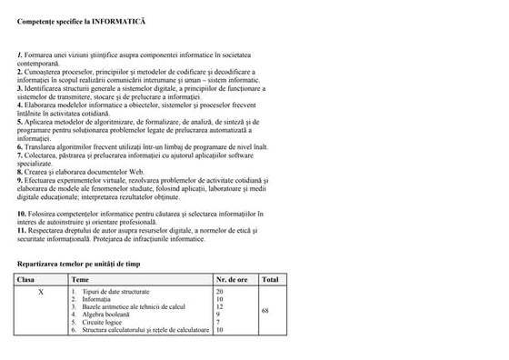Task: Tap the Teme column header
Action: (80, 279)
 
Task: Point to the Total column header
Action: (270, 279)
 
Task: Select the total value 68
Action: (265, 311)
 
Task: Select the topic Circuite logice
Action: (104, 323)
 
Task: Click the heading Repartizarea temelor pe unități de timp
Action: (80, 263)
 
